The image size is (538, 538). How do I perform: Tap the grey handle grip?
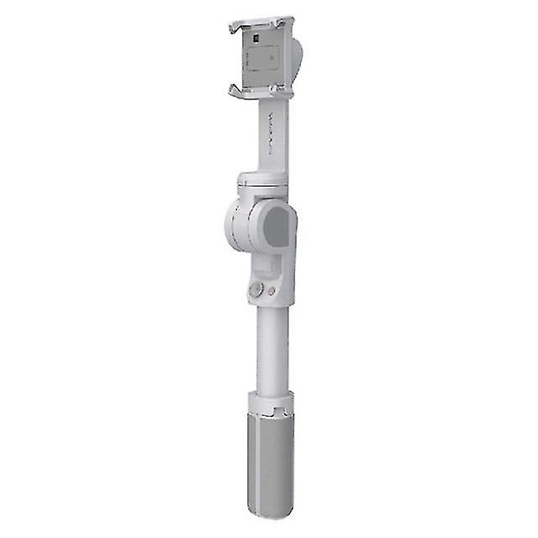click(271, 462)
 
